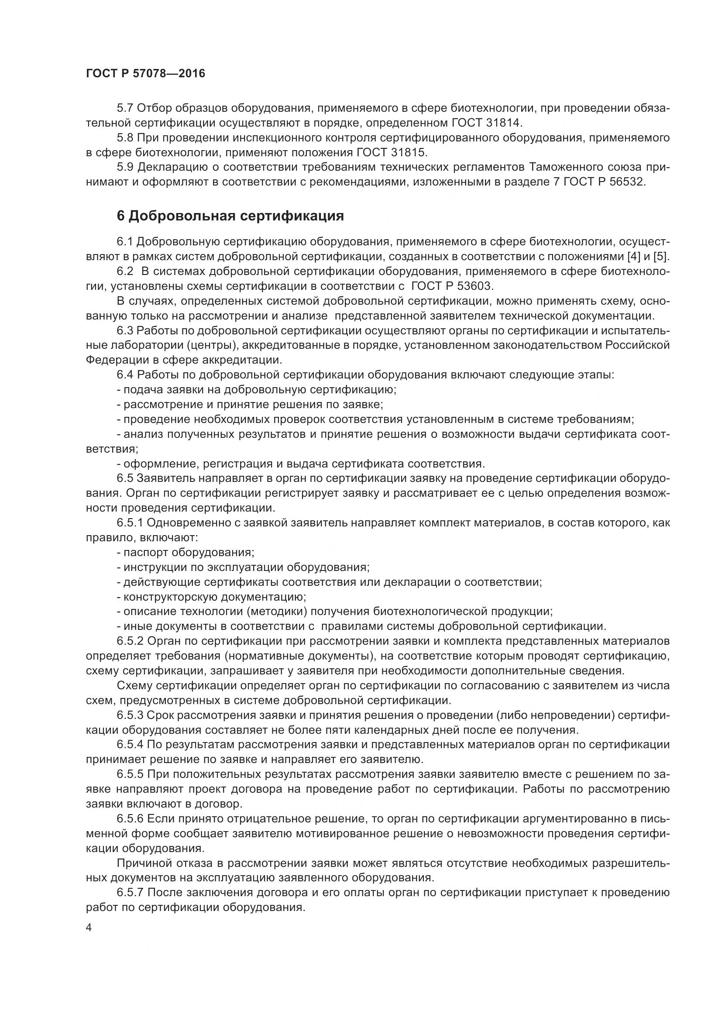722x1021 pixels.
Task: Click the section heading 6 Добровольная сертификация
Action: (x=230, y=216)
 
